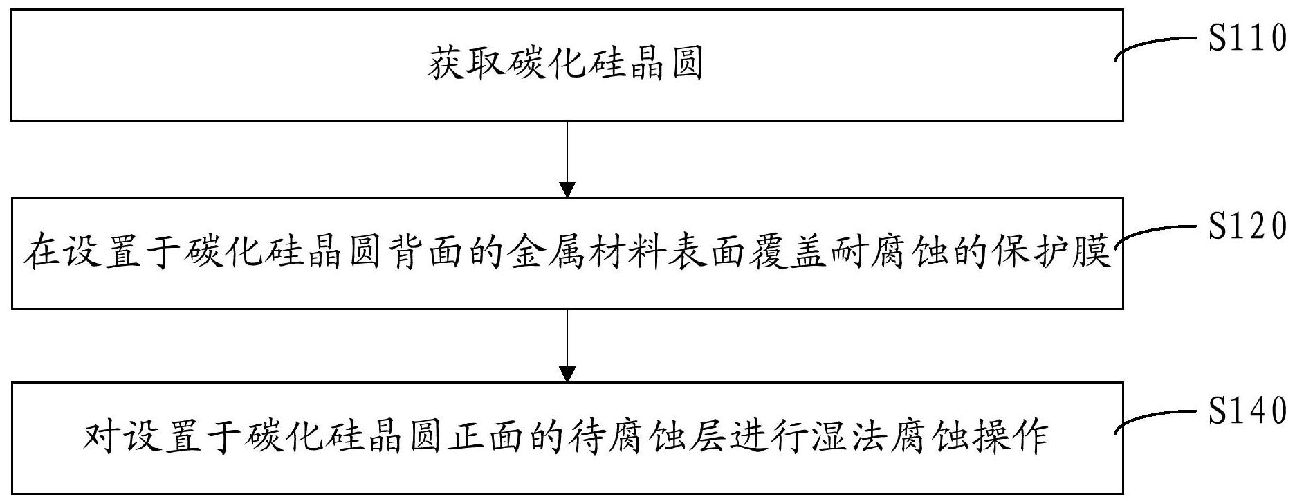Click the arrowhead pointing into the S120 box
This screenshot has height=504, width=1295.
click(567, 189)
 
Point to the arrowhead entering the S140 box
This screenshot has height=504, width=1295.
click(567, 374)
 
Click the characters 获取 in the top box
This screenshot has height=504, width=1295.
click(467, 64)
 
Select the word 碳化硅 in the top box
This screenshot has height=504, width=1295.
click(566, 64)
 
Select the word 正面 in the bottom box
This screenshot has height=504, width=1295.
click(480, 438)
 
